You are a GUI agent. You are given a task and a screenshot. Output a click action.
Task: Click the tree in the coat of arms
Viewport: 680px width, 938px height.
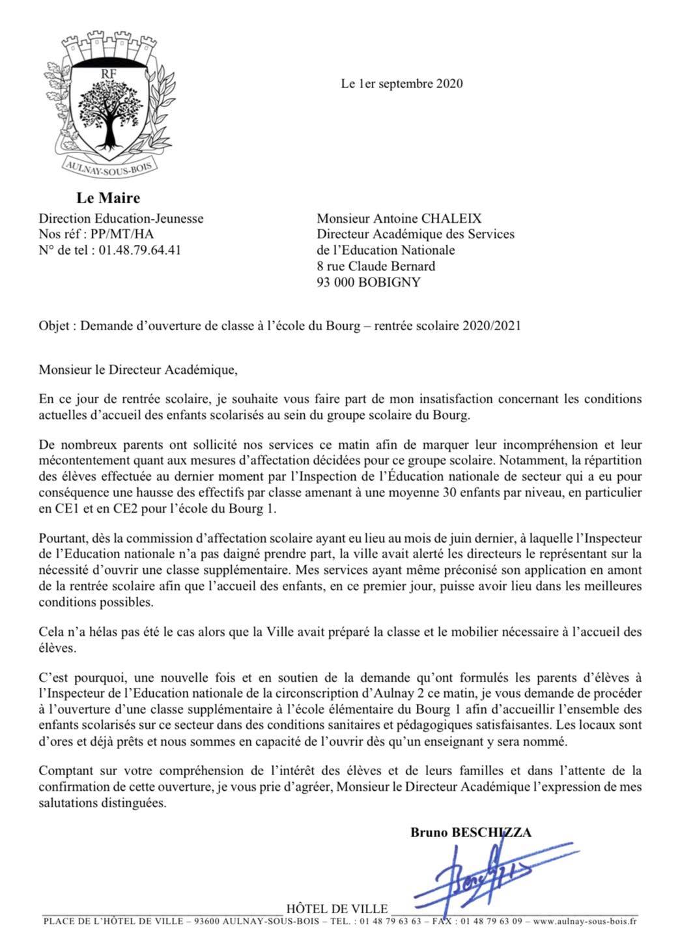point(108,110)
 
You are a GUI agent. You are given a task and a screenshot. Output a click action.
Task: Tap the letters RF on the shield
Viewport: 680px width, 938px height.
point(108,74)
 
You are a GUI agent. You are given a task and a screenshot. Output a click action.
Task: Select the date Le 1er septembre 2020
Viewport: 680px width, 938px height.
point(402,83)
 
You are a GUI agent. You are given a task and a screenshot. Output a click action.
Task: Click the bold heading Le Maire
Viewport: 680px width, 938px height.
point(108,197)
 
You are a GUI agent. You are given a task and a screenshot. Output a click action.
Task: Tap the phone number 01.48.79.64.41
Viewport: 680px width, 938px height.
point(139,250)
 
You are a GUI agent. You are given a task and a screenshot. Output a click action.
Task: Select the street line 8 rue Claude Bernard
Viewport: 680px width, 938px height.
point(376,266)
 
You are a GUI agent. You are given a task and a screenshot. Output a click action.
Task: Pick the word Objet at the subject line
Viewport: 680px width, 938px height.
point(55,326)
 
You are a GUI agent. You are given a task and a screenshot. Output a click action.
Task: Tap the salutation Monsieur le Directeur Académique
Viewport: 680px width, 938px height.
point(135,371)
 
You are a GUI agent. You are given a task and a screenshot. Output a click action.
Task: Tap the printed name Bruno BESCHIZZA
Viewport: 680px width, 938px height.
point(470,832)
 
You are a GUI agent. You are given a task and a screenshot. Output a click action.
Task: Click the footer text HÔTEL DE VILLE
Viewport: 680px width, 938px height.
point(337,909)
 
